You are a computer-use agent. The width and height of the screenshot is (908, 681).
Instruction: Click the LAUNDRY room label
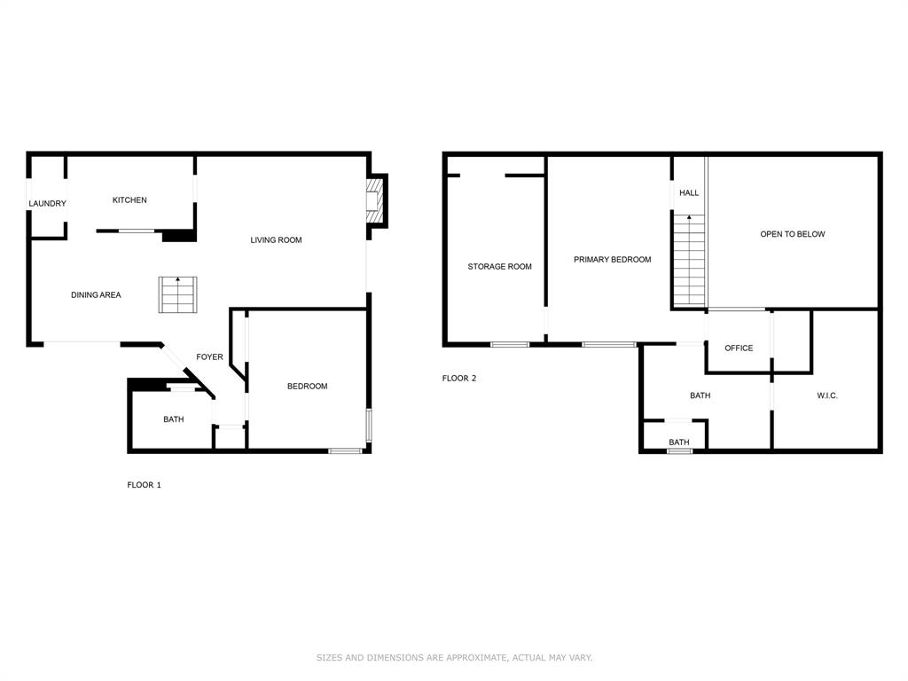pos(47,204)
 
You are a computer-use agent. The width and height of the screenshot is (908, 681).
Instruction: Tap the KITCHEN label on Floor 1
pos(129,200)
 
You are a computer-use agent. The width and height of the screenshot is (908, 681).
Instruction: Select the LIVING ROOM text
pos(276,240)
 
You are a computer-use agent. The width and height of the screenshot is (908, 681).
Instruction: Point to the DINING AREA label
pos(96,295)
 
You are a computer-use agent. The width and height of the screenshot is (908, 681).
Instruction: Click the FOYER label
pos(209,357)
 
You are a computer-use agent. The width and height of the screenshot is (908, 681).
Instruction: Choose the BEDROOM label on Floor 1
pos(307,387)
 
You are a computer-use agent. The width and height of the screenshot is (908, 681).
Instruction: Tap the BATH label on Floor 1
pos(173,419)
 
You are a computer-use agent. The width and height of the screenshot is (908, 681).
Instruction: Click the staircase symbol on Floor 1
pos(177,295)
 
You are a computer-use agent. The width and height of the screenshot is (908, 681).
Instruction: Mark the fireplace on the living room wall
pos(376,200)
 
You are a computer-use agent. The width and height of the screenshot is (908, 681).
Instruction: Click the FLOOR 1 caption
pos(144,485)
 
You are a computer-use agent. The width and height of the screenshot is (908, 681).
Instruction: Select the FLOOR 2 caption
pos(459,379)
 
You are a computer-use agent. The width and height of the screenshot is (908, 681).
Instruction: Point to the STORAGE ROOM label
pos(499,267)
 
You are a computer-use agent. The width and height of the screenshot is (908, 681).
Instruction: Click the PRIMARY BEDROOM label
pos(612,260)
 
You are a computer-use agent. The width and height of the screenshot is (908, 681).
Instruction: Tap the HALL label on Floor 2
pos(689,193)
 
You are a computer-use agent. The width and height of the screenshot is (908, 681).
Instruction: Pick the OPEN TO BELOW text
pos(792,234)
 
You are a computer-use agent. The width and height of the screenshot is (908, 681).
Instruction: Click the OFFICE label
pos(739,348)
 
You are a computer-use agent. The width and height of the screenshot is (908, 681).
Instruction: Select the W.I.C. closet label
pos(826,395)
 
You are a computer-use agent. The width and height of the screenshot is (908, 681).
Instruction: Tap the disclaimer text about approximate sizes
pos(454,658)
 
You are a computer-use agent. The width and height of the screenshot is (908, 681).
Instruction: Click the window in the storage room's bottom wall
pos(510,344)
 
